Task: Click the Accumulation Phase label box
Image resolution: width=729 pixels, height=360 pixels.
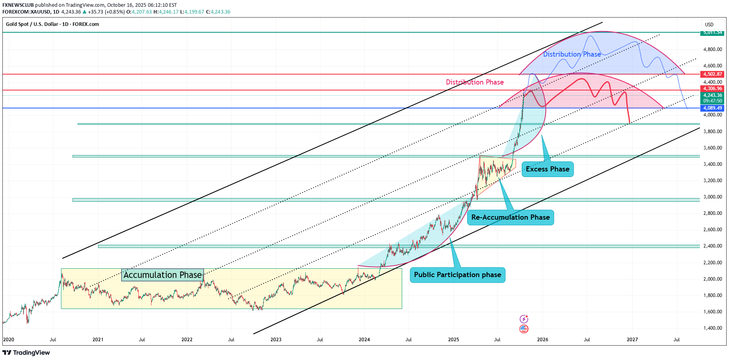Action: [x=163, y=275]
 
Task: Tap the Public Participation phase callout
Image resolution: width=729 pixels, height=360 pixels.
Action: [x=458, y=275]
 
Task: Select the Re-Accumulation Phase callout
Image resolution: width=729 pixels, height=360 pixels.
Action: [x=510, y=217]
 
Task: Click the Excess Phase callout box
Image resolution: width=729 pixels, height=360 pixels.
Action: [x=547, y=169]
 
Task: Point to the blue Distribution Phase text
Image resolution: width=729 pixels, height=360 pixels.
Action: [x=572, y=54]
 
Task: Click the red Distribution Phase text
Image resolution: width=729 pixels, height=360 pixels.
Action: [x=475, y=82]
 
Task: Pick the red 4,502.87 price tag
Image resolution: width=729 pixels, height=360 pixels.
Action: [x=713, y=74]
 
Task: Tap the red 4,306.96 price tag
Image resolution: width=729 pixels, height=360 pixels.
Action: [x=713, y=89]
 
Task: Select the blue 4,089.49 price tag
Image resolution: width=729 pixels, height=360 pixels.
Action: [x=713, y=108]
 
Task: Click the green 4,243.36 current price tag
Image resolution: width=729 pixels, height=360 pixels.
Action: [x=713, y=96]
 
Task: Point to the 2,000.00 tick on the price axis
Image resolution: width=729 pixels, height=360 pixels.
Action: [x=713, y=279]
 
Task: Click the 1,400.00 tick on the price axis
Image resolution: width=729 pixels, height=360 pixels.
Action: [x=713, y=328]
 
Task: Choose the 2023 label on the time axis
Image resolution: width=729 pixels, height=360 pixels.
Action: [x=276, y=340]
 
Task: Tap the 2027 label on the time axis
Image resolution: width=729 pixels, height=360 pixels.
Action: [x=632, y=340]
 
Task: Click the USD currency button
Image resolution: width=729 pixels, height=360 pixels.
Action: [x=709, y=25]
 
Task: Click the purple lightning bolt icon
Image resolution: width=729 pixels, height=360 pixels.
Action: [x=524, y=319]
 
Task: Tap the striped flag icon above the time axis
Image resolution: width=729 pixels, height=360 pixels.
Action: [x=524, y=329]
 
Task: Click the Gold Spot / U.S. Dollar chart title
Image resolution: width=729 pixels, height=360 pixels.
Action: [x=52, y=24]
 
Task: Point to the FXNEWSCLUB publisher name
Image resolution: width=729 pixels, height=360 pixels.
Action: [x=18, y=5]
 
